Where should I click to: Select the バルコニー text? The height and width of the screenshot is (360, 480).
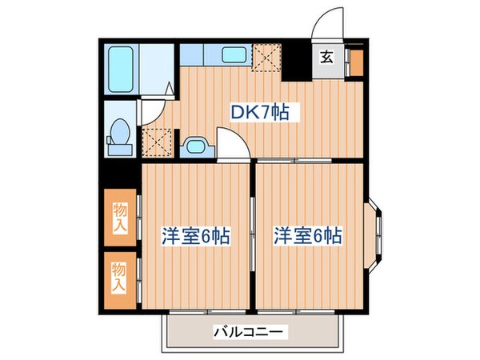tap(250, 330)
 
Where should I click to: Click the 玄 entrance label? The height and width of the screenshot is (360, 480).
tap(327, 57)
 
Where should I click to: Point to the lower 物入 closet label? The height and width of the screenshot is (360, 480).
tap(119, 277)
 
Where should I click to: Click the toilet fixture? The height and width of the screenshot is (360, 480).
tap(120, 133)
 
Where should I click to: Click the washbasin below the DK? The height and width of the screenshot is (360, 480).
tap(195, 146)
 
